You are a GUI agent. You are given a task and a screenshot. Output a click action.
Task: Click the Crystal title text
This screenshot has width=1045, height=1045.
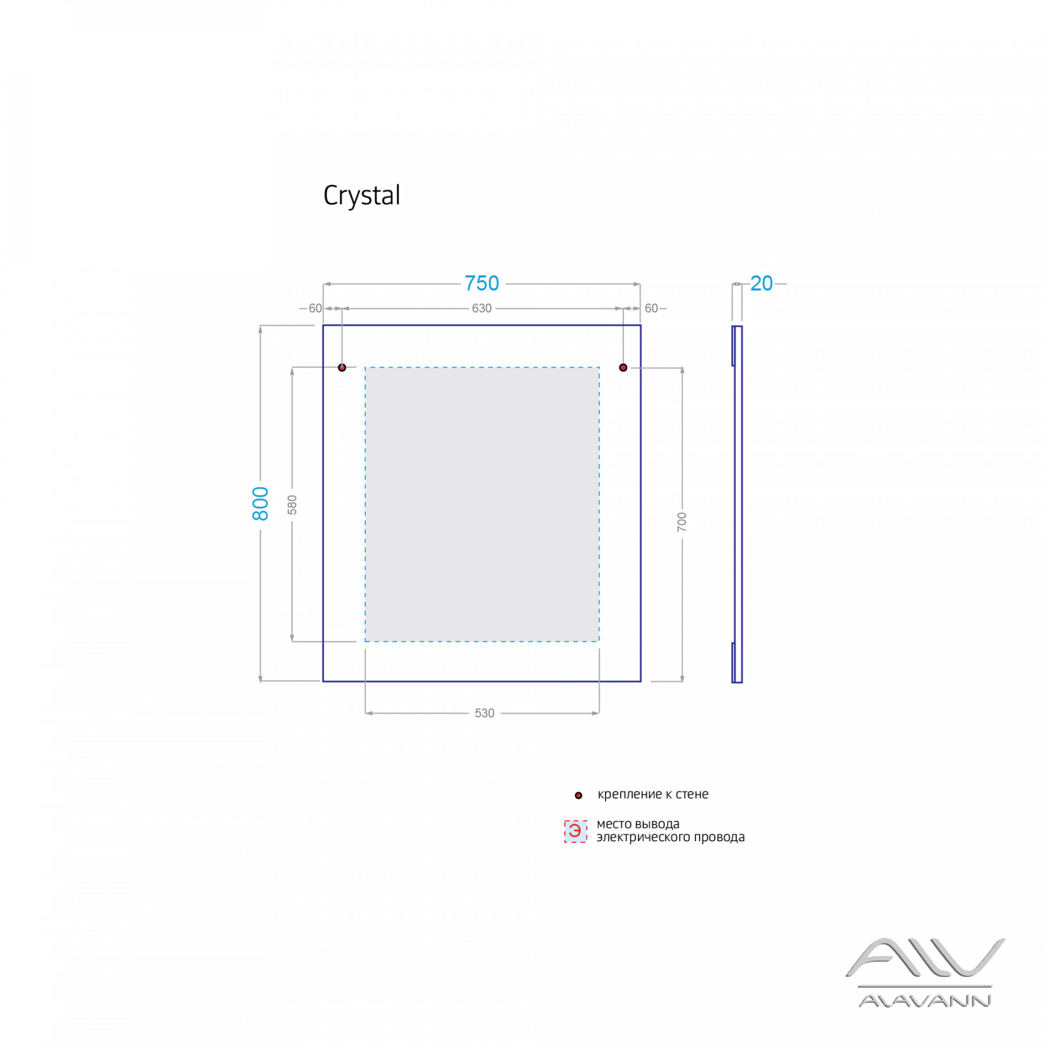point(362,196)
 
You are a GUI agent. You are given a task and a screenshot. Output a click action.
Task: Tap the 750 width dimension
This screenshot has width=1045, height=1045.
point(482,283)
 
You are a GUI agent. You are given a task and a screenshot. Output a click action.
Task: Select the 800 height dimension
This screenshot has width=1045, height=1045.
point(261,503)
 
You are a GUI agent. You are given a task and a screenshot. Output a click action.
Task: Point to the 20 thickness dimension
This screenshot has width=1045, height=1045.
point(761,283)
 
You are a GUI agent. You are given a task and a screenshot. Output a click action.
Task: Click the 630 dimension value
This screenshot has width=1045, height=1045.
point(481,308)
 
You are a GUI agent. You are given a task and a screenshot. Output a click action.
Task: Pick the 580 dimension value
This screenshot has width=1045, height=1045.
point(292,505)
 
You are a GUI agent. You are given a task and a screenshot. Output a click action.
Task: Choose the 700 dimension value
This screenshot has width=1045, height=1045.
point(682,521)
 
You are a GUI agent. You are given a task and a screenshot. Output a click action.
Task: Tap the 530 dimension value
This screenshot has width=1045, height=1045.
point(484,713)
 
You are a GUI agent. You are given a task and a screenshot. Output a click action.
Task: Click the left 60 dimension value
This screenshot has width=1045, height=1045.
point(315,308)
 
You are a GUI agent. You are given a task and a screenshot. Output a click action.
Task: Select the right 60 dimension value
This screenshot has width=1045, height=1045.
point(651,308)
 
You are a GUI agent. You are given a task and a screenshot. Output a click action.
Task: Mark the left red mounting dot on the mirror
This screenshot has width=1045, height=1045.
point(342,367)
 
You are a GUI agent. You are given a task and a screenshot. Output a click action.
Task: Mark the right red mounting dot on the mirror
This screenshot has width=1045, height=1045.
point(623,367)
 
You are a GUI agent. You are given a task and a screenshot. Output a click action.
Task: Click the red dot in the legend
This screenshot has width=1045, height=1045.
point(578,795)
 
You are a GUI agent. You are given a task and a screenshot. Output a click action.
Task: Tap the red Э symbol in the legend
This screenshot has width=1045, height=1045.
point(575,831)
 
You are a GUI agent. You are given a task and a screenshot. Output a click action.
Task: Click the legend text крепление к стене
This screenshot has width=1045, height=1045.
point(653,794)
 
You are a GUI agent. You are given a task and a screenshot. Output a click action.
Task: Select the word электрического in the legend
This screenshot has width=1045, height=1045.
point(643,837)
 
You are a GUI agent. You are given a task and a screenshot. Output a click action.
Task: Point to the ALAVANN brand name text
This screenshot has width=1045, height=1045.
point(925,1000)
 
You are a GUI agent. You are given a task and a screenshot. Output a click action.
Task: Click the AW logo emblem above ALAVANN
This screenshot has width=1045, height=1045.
point(925,958)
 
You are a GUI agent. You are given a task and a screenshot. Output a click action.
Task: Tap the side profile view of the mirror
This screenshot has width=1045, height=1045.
point(737,504)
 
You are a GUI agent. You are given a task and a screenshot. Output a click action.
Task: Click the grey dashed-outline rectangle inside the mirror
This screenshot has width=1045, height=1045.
point(482,504)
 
